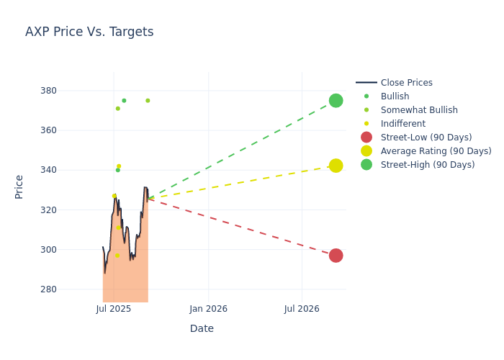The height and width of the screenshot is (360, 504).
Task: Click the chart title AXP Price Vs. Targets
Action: tap(89, 32)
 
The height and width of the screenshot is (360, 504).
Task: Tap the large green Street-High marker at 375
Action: tap(336, 100)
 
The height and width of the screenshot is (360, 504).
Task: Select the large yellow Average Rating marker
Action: tap(336, 166)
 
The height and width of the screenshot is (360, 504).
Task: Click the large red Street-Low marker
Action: tap(336, 256)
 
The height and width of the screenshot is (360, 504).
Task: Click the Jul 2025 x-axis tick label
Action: tap(114, 309)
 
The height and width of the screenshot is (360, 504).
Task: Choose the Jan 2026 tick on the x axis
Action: tap(208, 309)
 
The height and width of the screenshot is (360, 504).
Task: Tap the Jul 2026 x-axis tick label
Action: tap(302, 309)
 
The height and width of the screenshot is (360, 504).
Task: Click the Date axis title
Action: tap(202, 328)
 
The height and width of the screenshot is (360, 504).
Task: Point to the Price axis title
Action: tap(19, 186)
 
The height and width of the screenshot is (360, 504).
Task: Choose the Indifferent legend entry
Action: tap(402, 124)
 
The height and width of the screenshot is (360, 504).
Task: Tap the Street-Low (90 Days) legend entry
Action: tap(426, 138)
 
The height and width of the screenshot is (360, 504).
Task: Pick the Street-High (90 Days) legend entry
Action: tap(427, 165)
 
